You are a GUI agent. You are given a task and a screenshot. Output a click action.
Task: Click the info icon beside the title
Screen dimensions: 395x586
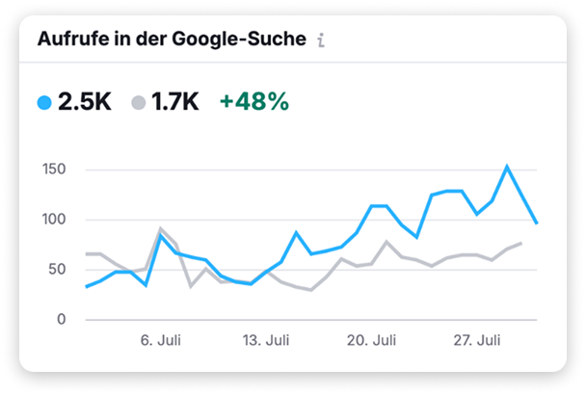321,41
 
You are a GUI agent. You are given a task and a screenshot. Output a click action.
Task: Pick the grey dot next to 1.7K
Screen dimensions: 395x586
139,101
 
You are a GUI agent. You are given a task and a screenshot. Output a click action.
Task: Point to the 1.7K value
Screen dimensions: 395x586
175,101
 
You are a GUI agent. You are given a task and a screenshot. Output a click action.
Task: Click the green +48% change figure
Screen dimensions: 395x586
253,101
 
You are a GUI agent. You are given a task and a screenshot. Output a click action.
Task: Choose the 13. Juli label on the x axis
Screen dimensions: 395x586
265,340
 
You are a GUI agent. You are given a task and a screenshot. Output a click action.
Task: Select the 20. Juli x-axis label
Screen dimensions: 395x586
371,340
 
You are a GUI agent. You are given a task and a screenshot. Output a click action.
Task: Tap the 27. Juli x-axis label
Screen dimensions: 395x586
476,340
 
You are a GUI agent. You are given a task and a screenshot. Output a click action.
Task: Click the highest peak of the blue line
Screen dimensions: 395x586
507,167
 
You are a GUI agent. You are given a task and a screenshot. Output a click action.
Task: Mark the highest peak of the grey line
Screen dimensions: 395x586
161,228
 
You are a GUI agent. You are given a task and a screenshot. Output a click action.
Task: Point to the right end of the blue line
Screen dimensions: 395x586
537,224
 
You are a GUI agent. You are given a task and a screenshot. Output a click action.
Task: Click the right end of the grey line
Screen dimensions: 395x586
521,243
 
